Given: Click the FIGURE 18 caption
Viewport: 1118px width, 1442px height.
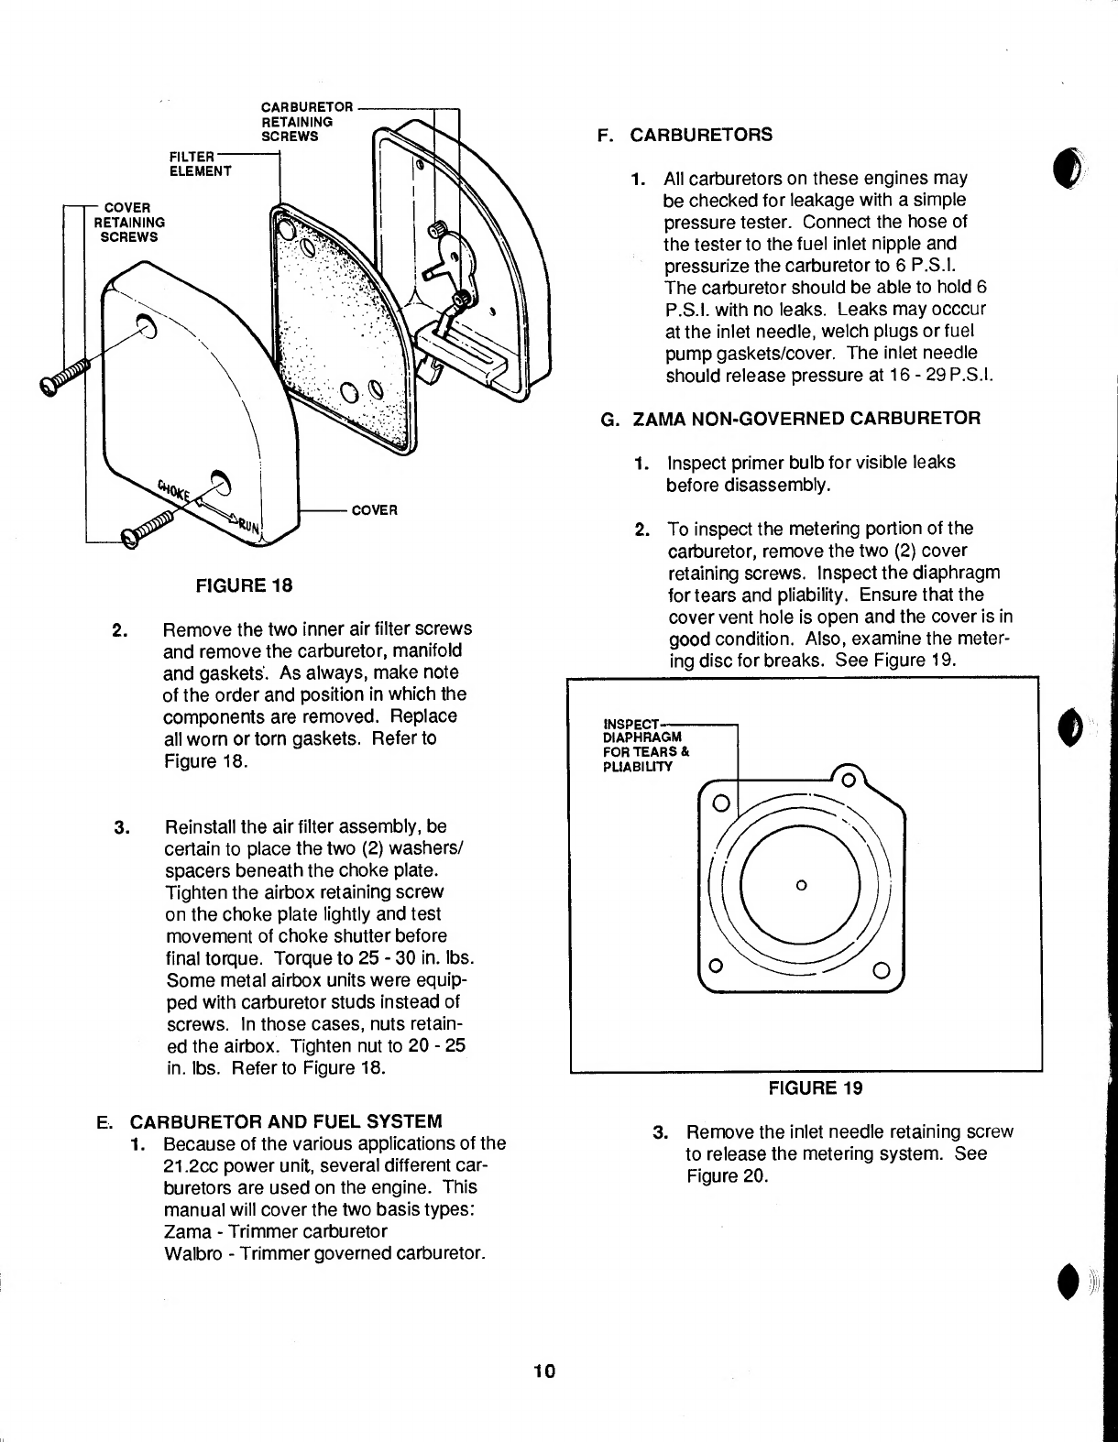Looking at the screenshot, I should (x=243, y=585).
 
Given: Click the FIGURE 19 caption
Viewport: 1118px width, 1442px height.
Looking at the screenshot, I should (x=815, y=1088).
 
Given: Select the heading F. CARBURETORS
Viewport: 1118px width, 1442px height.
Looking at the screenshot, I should (x=684, y=136).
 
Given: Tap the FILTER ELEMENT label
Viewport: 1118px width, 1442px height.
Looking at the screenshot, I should (x=201, y=163).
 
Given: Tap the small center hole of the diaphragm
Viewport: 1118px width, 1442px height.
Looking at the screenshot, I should (x=801, y=885).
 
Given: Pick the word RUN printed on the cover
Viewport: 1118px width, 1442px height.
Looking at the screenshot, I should (x=248, y=524).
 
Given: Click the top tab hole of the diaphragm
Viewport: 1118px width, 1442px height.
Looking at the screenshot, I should (x=848, y=781).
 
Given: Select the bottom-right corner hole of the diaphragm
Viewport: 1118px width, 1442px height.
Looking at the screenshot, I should (x=881, y=969).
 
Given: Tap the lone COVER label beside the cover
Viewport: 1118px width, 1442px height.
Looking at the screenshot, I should (x=375, y=509).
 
